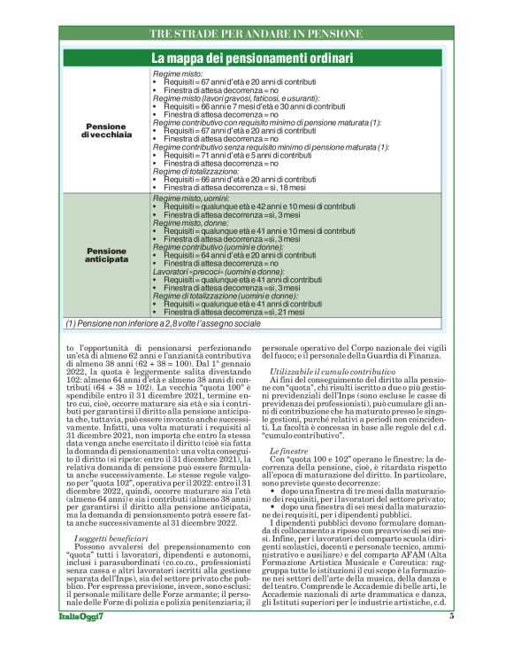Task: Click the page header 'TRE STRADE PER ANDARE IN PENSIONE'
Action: pos(256,34)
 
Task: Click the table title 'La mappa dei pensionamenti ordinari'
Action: pos(256,58)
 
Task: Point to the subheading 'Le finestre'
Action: pos(287,452)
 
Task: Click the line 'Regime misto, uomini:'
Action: pos(190,200)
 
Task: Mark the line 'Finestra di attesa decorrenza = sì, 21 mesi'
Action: pos(236,312)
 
